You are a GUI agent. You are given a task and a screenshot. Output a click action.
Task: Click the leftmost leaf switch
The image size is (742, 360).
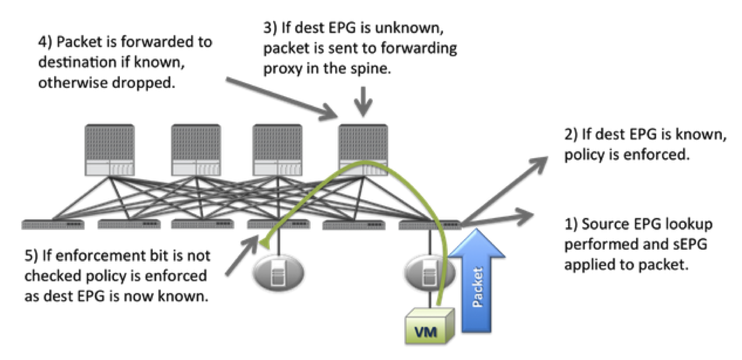(51, 224)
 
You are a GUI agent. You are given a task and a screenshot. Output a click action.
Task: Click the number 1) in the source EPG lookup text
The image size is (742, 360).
(571, 224)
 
